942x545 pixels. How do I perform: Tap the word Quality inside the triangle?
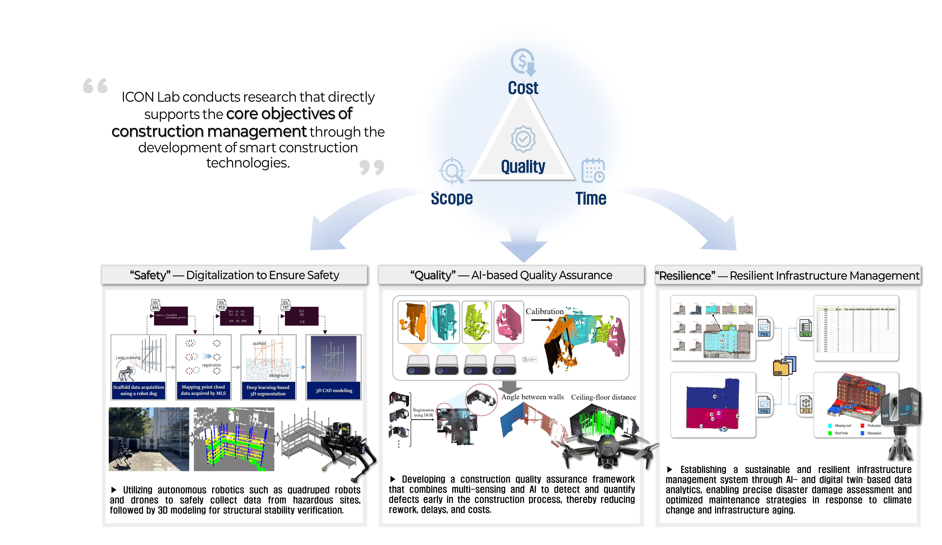point(523,166)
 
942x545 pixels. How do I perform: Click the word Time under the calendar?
point(591,198)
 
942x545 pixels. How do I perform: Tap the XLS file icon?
point(806,328)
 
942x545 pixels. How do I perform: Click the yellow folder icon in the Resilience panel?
point(781,367)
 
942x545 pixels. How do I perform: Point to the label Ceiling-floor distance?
point(603,397)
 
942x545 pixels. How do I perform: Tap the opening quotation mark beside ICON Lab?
point(95,86)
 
